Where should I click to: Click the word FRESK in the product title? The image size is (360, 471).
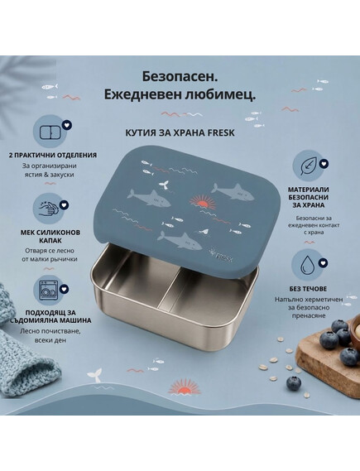(221, 132)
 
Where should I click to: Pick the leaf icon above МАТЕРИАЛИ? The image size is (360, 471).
(308, 166)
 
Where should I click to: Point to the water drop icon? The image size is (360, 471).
(306, 263)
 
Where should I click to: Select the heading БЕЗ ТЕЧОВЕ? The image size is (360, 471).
(308, 289)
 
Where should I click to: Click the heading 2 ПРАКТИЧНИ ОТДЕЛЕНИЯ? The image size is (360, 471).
(53, 156)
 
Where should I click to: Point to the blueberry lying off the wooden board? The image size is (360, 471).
(293, 383)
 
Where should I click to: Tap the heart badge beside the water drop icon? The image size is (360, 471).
(323, 263)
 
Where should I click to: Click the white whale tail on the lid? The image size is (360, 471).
(164, 183)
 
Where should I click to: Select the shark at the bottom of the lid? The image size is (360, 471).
(180, 240)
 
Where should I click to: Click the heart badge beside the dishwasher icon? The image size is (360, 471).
(64, 289)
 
